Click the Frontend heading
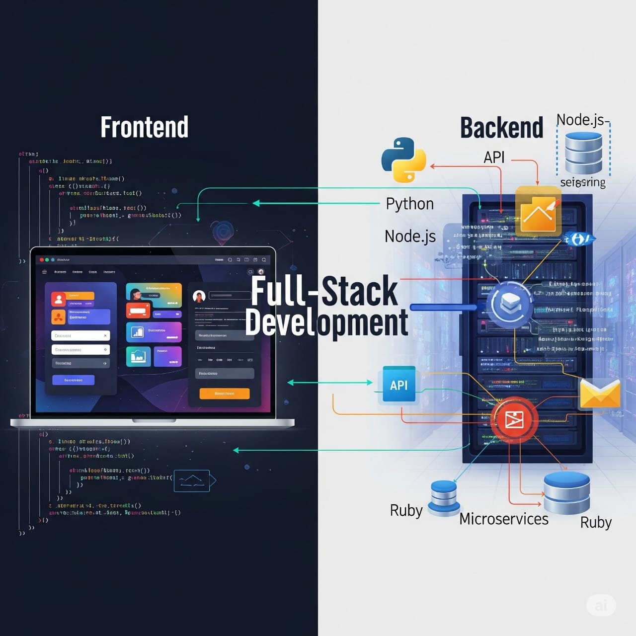click(145, 127)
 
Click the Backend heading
click(501, 128)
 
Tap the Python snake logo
click(403, 159)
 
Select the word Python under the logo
click(410, 204)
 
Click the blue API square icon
click(399, 385)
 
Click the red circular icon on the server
click(514, 420)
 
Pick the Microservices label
click(504, 519)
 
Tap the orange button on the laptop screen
click(224, 394)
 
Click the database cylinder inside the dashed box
click(583, 153)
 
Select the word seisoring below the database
click(583, 182)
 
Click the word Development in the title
click(326, 322)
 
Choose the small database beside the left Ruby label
click(444, 497)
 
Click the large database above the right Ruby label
click(566, 492)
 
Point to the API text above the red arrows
click(494, 157)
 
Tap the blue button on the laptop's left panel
click(73, 380)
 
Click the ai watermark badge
click(601, 605)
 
